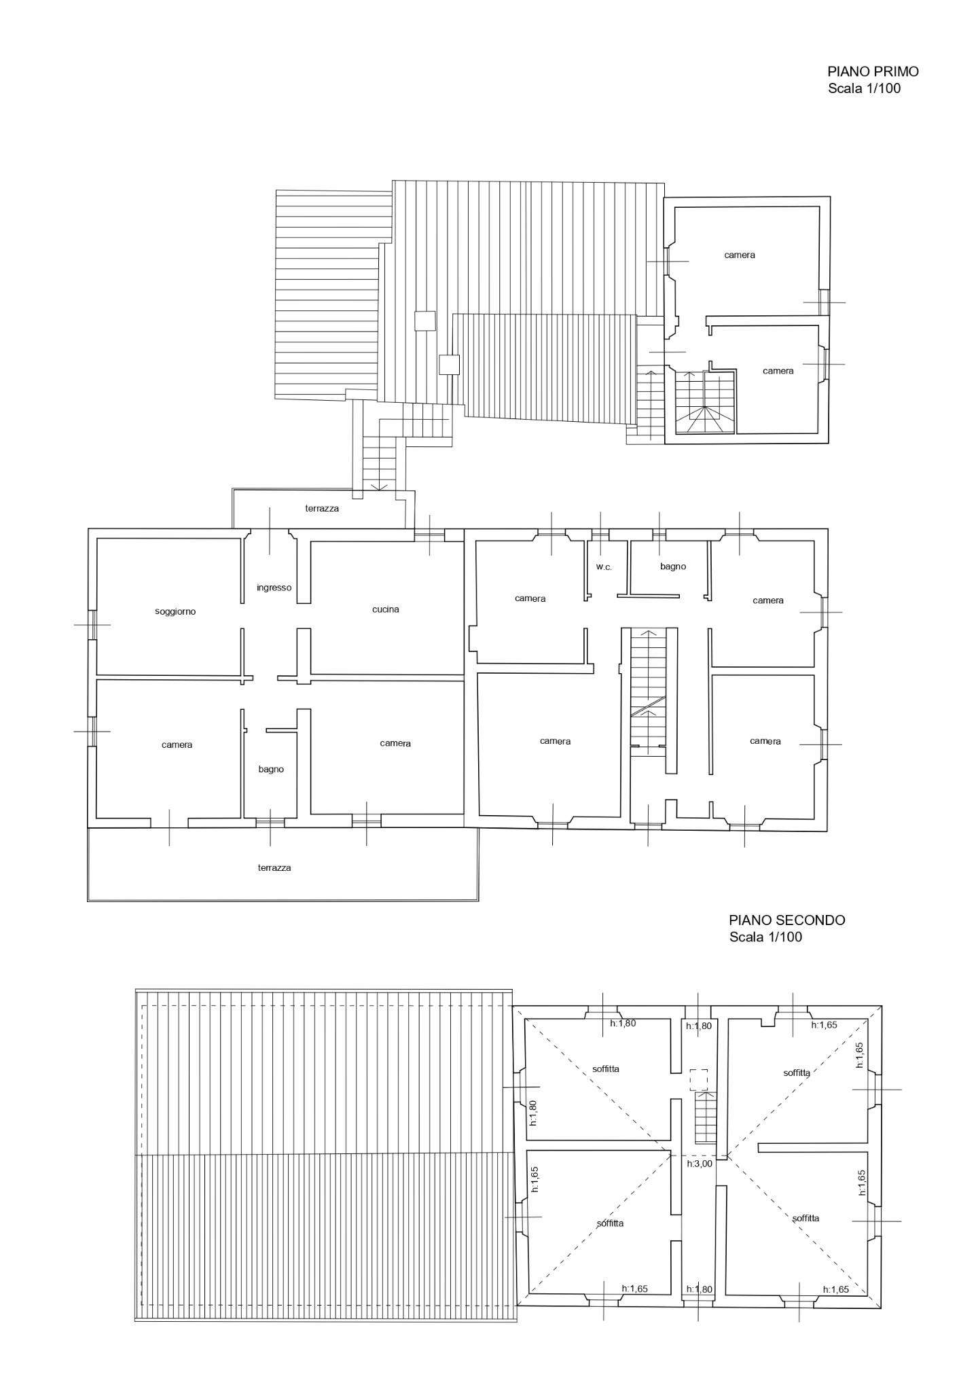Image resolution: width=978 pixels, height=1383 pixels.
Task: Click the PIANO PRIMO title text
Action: [873, 71]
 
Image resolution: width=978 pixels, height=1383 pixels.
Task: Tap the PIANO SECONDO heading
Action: [787, 920]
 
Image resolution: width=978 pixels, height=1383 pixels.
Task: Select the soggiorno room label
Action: [175, 611]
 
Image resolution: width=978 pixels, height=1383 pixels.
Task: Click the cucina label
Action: [386, 609]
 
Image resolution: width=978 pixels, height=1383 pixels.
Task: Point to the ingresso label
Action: [274, 588]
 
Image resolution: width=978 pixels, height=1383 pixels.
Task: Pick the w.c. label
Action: [604, 567]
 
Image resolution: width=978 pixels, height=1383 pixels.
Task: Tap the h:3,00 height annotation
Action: [699, 1164]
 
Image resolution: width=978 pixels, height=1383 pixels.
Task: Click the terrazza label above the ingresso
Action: [322, 508]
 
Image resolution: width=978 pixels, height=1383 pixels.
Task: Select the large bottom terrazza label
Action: [274, 867]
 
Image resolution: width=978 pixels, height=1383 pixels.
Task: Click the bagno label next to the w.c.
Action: [673, 567]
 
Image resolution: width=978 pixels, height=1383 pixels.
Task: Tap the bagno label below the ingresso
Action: [271, 770]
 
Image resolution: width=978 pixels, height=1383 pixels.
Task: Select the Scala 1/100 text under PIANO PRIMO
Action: [864, 88]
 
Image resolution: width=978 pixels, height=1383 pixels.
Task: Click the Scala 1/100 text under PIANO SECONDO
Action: [765, 937]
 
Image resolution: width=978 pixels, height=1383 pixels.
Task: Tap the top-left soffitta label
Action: [605, 1069]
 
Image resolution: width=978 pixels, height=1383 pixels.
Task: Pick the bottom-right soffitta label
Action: [805, 1219]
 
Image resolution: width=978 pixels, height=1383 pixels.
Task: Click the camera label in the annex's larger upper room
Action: [740, 255]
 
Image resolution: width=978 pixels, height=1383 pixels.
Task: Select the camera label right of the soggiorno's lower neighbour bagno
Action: [395, 743]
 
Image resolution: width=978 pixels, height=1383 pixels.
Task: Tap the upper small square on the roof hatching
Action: [425, 321]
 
